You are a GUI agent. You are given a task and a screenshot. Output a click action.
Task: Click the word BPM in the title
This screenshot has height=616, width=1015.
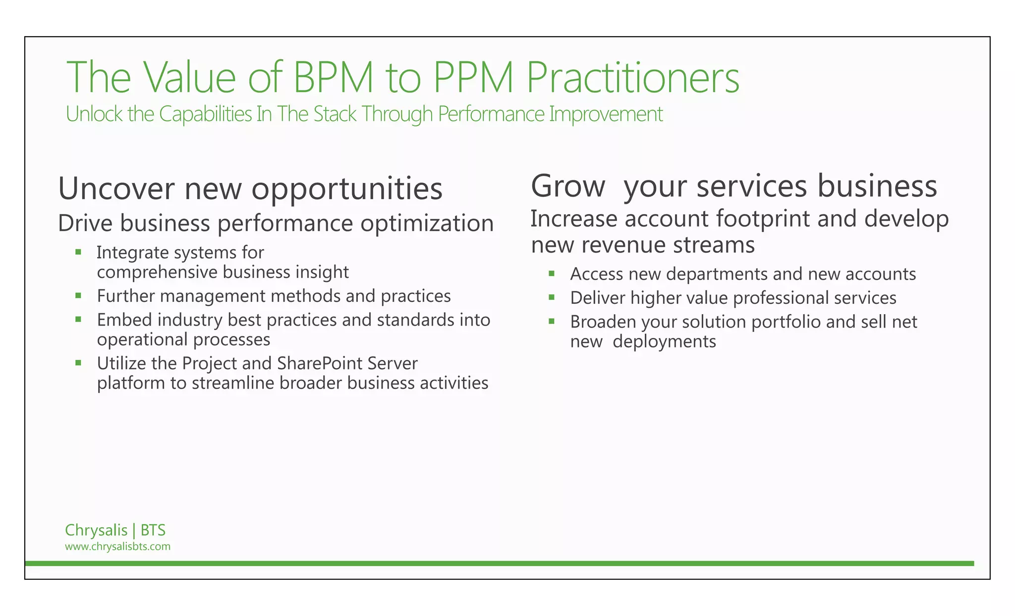[333, 77]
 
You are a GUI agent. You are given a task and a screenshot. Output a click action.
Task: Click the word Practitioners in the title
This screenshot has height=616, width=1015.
[632, 77]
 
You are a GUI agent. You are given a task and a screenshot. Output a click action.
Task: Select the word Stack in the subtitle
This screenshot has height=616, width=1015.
[335, 114]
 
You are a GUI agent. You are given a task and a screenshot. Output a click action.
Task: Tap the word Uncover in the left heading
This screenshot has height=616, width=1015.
[116, 189]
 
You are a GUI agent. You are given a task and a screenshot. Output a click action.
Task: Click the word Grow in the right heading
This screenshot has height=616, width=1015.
[568, 186]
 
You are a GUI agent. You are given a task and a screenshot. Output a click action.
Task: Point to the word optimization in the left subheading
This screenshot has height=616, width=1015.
[427, 224]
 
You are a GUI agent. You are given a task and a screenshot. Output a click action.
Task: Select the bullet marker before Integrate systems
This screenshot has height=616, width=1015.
[78, 252]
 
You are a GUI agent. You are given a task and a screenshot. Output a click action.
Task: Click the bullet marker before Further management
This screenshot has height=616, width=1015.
[78, 296]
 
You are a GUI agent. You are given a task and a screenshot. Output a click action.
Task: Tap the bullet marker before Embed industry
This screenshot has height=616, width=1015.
[78, 320]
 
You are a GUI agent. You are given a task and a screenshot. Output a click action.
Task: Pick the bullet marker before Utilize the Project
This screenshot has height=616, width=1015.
[78, 363]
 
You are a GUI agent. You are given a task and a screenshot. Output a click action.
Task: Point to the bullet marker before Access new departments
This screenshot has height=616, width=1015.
[552, 274]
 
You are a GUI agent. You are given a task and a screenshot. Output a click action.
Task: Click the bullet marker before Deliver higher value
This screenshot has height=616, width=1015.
[552, 297]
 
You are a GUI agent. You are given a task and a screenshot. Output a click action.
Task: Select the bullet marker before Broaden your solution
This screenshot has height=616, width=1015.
[552, 322]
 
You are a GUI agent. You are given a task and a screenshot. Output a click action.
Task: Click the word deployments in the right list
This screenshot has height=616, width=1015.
[664, 342]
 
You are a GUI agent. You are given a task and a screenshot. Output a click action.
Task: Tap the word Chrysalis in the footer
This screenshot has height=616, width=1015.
[96, 530]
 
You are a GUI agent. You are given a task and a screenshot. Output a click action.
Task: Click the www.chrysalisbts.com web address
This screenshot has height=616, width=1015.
[117, 547]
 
